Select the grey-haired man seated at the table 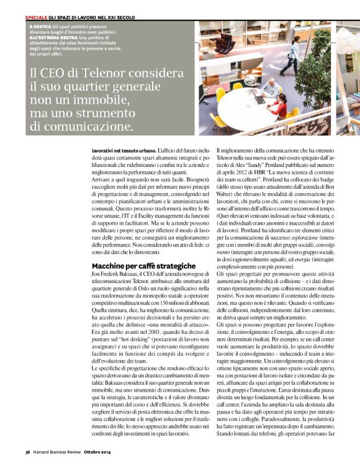point(271,88)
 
